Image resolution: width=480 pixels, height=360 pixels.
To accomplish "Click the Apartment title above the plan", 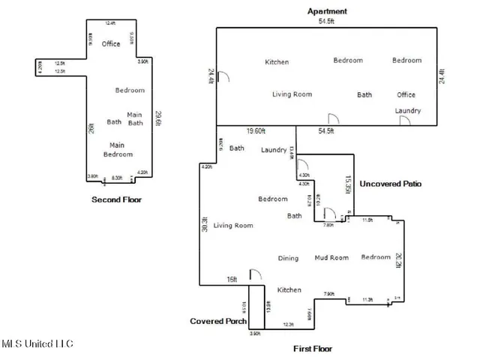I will pyautogui.click(x=327, y=11).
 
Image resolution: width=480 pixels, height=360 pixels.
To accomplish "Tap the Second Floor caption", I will pyautogui.click(x=116, y=199).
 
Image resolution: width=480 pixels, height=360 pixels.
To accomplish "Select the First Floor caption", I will pyautogui.click(x=312, y=349).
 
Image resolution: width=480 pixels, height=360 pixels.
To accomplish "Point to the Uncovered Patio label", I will pyautogui.click(x=390, y=183).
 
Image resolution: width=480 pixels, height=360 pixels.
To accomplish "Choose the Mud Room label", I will pyautogui.click(x=331, y=258).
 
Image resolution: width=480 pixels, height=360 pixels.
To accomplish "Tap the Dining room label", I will pyautogui.click(x=288, y=259).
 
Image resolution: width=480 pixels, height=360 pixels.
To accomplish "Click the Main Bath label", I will pyautogui.click(x=135, y=118).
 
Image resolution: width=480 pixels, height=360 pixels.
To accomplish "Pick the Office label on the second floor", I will pyautogui.click(x=111, y=44).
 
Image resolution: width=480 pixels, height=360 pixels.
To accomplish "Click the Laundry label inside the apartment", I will pyautogui.click(x=407, y=111).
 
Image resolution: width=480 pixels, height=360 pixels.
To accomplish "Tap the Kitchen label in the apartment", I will pyautogui.click(x=277, y=62).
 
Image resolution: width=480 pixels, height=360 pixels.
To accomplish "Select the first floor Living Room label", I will pyautogui.click(x=232, y=225).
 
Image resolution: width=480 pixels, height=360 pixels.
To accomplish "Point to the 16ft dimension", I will pyautogui.click(x=232, y=279).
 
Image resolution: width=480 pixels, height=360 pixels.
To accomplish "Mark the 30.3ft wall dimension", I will pyautogui.click(x=205, y=225).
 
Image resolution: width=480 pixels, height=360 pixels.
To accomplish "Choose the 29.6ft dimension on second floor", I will pyautogui.click(x=157, y=118).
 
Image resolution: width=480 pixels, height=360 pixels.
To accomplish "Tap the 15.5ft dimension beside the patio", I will pyautogui.click(x=347, y=184).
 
